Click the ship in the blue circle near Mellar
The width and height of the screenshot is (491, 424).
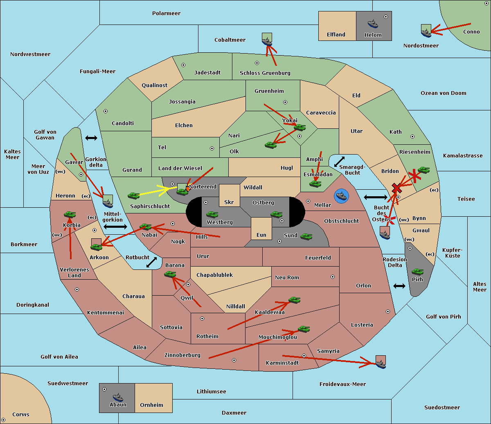pos(341,196)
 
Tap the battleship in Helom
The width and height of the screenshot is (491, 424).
pos(373,24)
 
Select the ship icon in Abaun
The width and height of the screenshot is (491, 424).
pos(118,397)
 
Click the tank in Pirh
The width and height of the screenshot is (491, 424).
pos(417,271)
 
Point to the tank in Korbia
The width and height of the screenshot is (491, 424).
pos(70,214)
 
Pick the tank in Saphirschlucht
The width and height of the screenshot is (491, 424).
pos(133,195)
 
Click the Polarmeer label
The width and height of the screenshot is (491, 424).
pos(166,13)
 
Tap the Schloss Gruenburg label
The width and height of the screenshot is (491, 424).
pos(265,73)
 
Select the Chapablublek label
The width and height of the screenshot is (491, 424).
pos(214,275)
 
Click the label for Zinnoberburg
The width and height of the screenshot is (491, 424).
pos(182,355)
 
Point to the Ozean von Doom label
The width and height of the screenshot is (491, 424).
pos(444,93)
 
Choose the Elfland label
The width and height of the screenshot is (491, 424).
pos(336,35)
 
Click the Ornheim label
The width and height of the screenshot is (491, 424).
pos(151,405)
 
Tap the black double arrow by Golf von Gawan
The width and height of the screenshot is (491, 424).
pos(91,138)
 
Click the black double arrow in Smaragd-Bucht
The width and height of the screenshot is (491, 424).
pos(339,162)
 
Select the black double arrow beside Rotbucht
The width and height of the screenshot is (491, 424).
pos(151,262)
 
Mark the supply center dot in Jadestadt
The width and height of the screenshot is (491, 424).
pos(183,65)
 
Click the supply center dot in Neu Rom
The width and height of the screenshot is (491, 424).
pos(333,277)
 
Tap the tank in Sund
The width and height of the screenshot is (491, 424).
pos(306,236)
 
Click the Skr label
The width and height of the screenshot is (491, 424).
pos(229,202)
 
